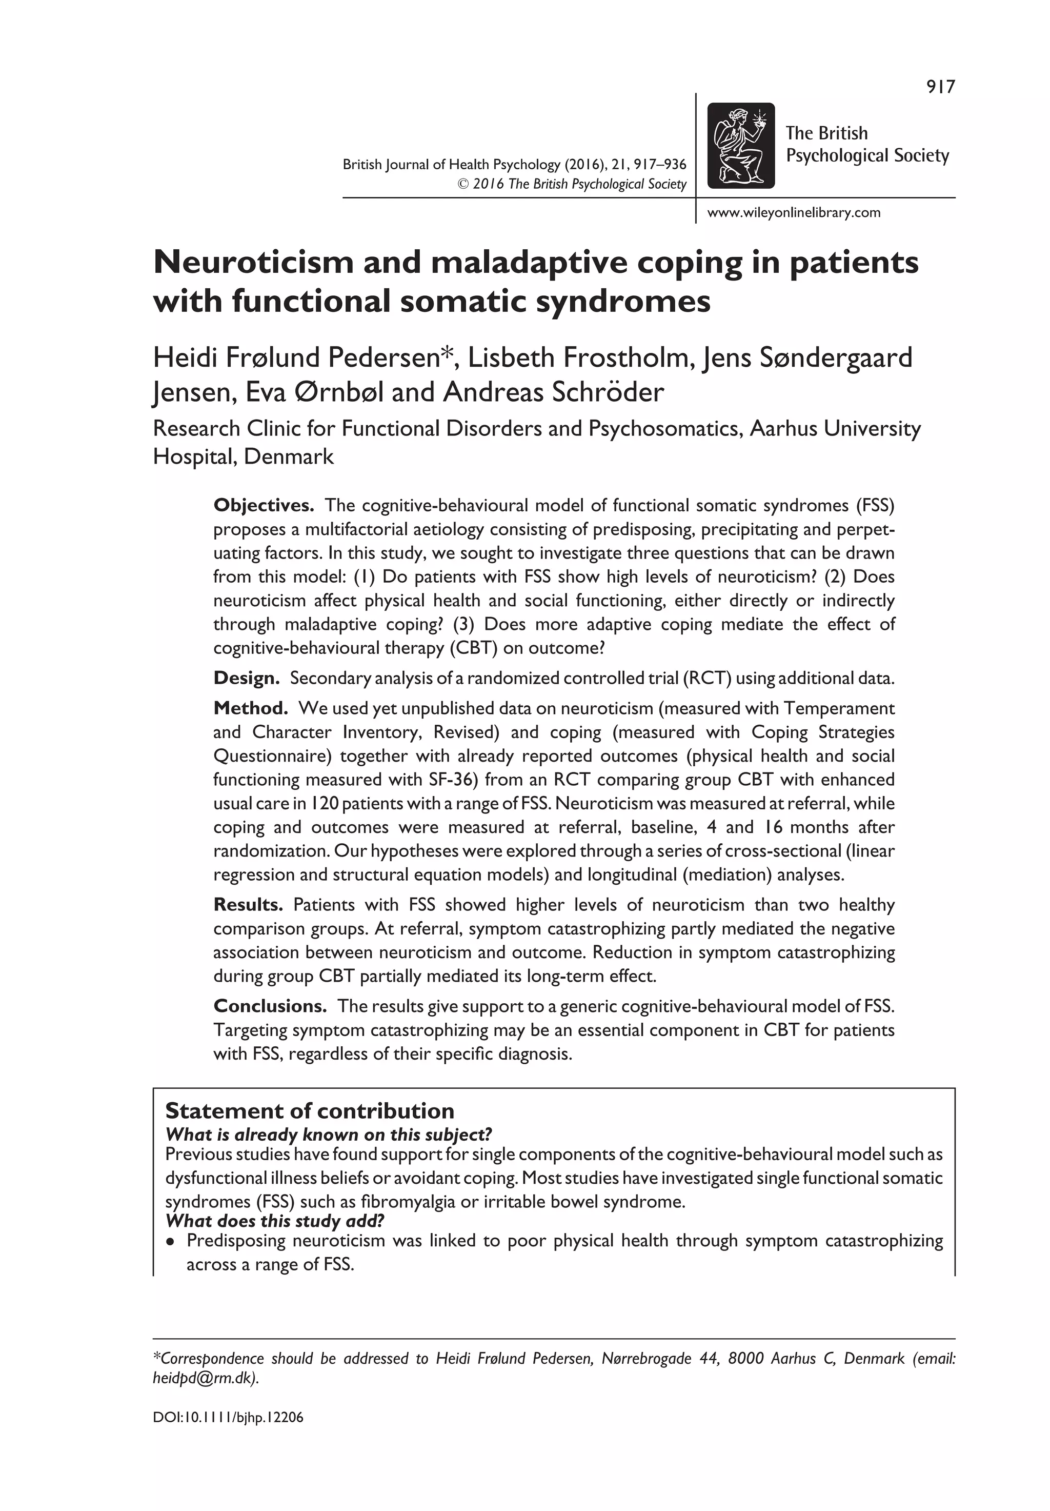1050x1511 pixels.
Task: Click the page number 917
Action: click(940, 87)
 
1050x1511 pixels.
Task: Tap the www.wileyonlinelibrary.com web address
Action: click(794, 212)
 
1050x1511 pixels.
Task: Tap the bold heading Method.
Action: click(251, 708)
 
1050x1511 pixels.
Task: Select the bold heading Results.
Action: click(248, 905)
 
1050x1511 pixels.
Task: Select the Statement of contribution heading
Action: click(309, 1111)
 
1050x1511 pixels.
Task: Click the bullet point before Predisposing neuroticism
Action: click(171, 1242)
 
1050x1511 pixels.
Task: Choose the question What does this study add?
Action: click(274, 1221)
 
